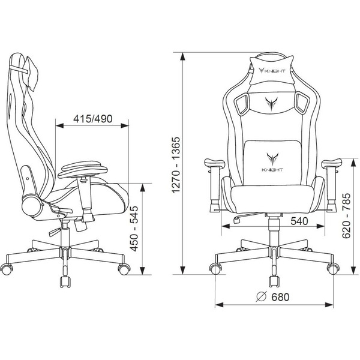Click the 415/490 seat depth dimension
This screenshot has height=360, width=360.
93,119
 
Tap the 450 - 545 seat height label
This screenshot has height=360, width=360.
134,229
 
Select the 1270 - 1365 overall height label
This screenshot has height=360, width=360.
177,165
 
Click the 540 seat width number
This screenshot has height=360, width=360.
299,221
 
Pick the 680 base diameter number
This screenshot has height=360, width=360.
280,297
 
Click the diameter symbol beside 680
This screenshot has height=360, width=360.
261,296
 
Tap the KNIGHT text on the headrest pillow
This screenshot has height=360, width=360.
275,71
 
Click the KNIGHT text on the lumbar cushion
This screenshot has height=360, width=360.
272,170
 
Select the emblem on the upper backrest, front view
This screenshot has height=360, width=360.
271,104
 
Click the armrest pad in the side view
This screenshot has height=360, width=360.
83,169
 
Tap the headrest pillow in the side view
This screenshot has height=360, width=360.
31,73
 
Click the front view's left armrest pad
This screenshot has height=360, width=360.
214,163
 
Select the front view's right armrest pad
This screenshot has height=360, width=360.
331,163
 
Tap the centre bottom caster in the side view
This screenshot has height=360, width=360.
65,282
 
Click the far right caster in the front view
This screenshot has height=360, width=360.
333,269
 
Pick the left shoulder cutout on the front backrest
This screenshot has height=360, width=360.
242,104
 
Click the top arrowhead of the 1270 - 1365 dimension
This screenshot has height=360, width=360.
183,56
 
